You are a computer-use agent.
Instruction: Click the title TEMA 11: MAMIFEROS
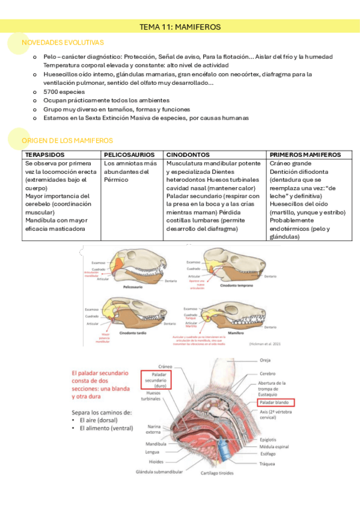coord(180,27)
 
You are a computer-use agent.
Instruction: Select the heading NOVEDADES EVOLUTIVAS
coord(63,43)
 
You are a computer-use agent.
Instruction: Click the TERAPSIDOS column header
coord(44,155)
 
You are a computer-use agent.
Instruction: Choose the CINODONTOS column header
coord(189,155)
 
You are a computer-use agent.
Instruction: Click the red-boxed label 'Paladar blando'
coord(274,402)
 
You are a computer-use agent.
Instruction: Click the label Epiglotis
coord(269,439)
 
